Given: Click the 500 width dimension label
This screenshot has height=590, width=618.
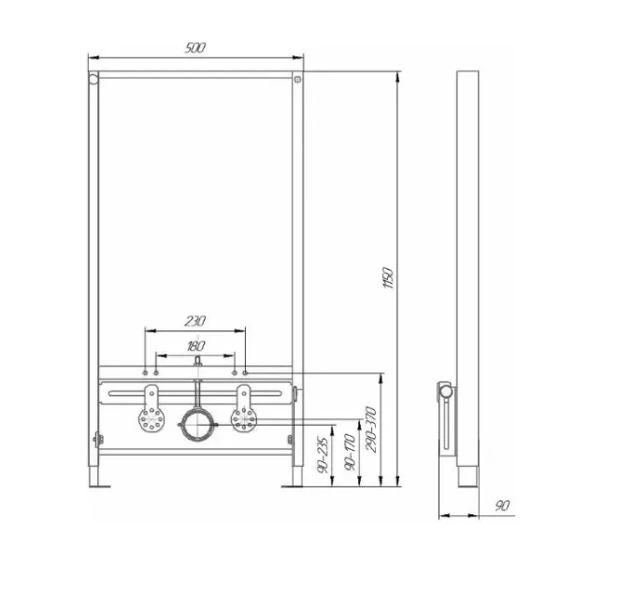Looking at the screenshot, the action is [195, 48].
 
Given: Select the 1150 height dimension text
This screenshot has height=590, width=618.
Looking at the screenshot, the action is [388, 278].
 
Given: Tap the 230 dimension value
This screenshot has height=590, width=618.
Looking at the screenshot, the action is [195, 321].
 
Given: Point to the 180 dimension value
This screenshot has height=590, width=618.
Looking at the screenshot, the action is [196, 346].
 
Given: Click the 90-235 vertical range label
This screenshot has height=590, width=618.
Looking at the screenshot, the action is [323, 455].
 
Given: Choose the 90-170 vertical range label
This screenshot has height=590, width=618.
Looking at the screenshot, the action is [350, 452].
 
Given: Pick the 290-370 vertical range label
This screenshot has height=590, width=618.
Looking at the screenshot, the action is [372, 429].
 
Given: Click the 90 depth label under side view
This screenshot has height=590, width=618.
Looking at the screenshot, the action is [502, 506].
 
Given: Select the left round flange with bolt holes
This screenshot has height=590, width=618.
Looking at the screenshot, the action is [151, 420].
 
